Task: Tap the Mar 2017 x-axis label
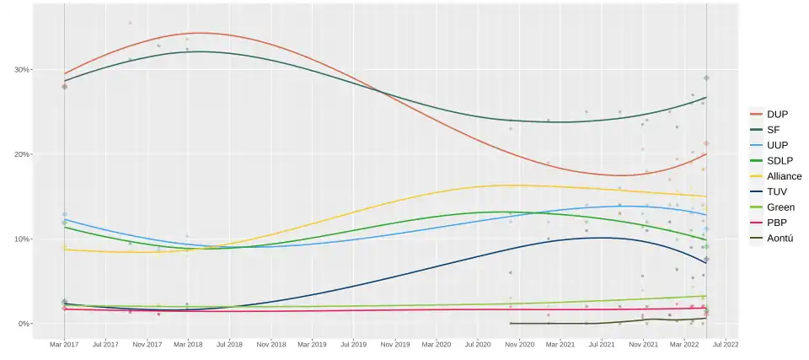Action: coord(64,344)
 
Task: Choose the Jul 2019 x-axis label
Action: coord(353,344)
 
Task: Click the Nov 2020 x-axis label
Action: coord(519,344)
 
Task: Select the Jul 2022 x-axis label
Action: coord(726,344)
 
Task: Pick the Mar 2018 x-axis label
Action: coord(188,344)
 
